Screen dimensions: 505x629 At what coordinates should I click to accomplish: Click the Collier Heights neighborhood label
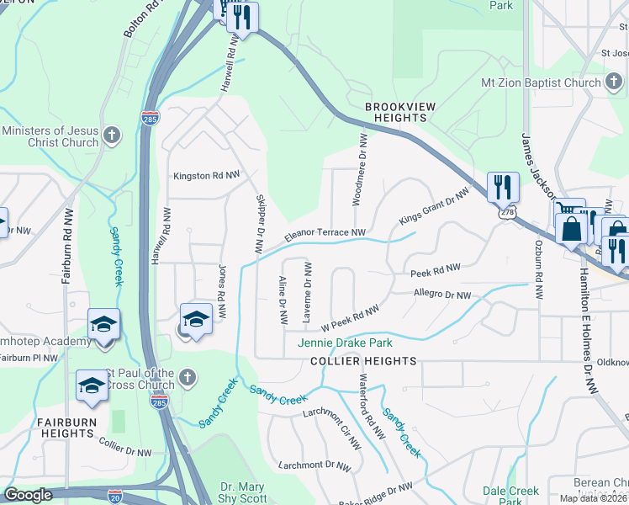pos(363,361)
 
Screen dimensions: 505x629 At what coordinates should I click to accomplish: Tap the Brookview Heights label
pos(396,113)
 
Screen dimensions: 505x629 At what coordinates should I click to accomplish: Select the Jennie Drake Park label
pos(345,343)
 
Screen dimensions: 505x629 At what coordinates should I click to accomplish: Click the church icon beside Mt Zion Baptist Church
pos(615,82)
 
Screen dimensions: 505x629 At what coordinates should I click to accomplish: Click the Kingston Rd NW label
pos(206,177)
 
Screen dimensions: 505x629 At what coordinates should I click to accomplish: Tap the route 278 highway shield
pos(506,214)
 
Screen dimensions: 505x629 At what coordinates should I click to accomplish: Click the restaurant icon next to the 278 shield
pos(503,187)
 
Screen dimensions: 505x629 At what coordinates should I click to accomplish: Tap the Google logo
pos(28,495)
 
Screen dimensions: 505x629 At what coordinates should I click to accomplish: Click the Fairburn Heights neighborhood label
pos(65,428)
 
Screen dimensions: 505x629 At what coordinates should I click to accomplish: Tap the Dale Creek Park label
pos(510,492)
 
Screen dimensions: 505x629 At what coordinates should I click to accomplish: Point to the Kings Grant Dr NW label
pos(433,206)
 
